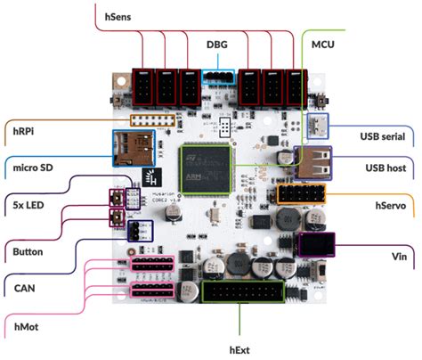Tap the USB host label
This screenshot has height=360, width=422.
[x=385, y=167]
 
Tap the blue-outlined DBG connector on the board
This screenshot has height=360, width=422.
[x=217, y=78]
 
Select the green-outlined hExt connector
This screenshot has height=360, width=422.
[x=242, y=294]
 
